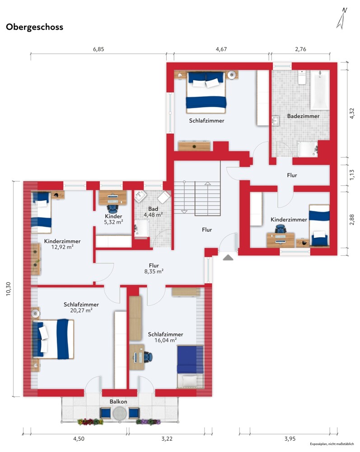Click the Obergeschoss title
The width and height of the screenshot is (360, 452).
[35, 27]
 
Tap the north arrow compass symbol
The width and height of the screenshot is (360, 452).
[341, 19]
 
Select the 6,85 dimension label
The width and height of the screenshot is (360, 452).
[98, 49]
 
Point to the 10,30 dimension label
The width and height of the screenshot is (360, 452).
[8, 288]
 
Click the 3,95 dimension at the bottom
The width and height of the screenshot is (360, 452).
[290, 439]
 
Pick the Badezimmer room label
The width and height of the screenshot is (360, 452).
[303, 116]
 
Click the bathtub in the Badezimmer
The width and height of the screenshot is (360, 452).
[320, 90]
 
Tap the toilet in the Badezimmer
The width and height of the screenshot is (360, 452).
[302, 77]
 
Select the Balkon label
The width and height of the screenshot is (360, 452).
[118, 401]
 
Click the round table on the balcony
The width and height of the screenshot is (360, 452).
[120, 414]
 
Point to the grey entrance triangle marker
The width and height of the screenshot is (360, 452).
[228, 258]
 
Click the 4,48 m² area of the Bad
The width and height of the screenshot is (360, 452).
[153, 215]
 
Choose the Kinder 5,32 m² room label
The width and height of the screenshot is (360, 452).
[113, 219]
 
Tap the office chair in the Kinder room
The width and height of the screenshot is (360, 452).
[112, 208]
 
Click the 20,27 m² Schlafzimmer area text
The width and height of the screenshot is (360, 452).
[81, 311]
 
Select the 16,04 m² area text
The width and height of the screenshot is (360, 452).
[166, 340]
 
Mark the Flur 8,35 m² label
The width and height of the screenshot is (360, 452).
[154, 268]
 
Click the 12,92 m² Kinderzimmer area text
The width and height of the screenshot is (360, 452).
[62, 247]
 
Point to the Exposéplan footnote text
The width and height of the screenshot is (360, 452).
[332, 444]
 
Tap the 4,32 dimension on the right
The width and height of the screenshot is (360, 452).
[352, 113]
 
